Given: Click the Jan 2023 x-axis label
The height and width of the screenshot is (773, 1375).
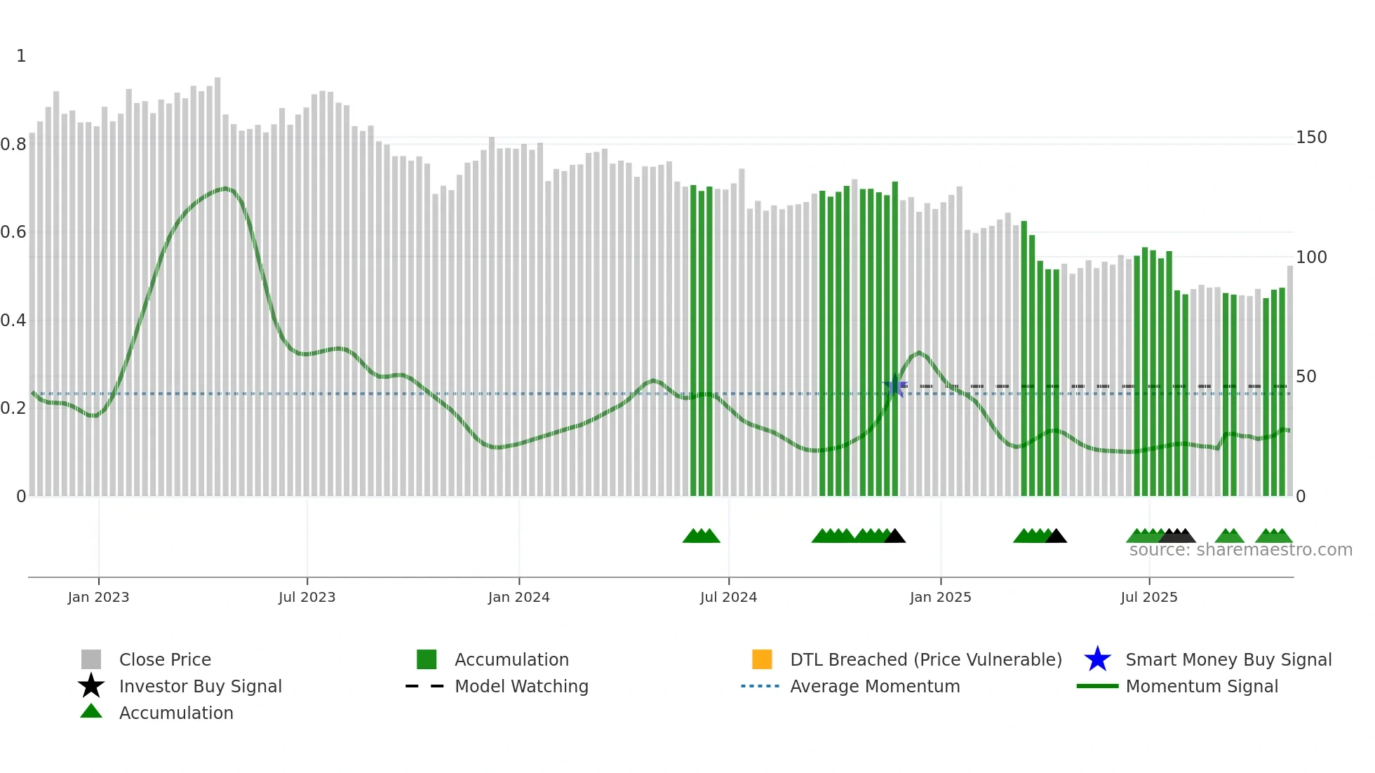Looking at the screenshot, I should pyautogui.click(x=98, y=597).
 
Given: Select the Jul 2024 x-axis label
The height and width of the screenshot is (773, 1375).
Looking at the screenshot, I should pyautogui.click(x=728, y=597).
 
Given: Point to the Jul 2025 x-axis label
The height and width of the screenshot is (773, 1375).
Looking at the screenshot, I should pyautogui.click(x=1148, y=597).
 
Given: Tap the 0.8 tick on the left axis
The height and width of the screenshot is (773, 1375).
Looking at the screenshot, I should pyautogui.click(x=13, y=144).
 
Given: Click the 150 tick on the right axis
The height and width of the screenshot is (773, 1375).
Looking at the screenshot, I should pyautogui.click(x=1310, y=137).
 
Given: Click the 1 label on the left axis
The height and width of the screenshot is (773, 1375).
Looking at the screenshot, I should pyautogui.click(x=21, y=56).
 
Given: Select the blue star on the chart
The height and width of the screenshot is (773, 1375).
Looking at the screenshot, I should pyautogui.click(x=894, y=387).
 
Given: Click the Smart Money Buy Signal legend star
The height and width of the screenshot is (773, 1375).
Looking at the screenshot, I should pyautogui.click(x=1097, y=659).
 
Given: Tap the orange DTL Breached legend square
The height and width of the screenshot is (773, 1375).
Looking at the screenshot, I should pyautogui.click(x=762, y=659).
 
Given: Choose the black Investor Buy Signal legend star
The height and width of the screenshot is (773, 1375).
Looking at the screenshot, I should pyautogui.click(x=91, y=686).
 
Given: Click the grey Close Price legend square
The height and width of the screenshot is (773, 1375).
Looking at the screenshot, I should pyautogui.click(x=91, y=659).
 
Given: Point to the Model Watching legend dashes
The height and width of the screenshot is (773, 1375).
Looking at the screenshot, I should pyautogui.click(x=424, y=686).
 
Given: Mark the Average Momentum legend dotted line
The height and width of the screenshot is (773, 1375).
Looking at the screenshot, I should pyautogui.click(x=760, y=686).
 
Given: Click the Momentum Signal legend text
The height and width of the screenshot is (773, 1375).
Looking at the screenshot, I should pyautogui.click(x=1201, y=686).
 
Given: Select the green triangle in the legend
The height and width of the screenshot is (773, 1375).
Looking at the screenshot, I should pyautogui.click(x=91, y=711).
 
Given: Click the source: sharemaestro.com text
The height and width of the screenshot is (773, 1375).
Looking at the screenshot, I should pyautogui.click(x=1240, y=550).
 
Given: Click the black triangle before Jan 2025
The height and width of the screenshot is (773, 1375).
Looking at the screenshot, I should pyautogui.click(x=894, y=537).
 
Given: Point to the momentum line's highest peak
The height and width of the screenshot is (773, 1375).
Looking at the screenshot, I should pyautogui.click(x=224, y=188).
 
